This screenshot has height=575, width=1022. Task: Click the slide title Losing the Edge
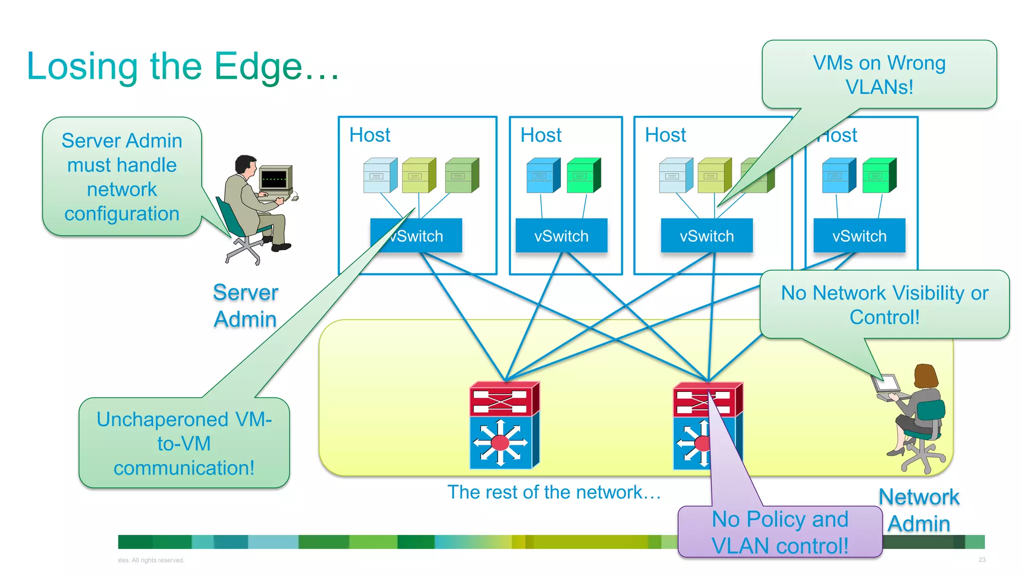pyautogui.click(x=183, y=67)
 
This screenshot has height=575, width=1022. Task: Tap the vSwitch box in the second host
pyautogui.click(x=561, y=236)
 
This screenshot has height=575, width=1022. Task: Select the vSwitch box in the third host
pyautogui.click(x=707, y=236)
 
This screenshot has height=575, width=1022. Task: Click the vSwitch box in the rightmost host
pyautogui.click(x=859, y=236)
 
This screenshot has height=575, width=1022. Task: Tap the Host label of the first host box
pyautogui.click(x=370, y=135)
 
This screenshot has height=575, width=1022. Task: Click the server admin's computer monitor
pyautogui.click(x=275, y=179)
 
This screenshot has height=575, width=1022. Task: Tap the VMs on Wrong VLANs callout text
pyautogui.click(x=879, y=75)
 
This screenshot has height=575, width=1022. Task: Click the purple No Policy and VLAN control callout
pyautogui.click(x=779, y=532)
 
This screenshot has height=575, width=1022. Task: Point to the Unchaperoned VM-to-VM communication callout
pyautogui.click(x=184, y=443)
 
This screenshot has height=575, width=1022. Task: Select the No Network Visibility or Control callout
pyautogui.click(x=884, y=304)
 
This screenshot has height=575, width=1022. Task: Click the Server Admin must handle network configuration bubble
pyautogui.click(x=122, y=177)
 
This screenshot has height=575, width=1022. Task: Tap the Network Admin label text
pyautogui.click(x=919, y=510)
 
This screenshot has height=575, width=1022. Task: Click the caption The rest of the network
pyautogui.click(x=554, y=492)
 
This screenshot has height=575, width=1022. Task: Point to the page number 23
pyautogui.click(x=982, y=560)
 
